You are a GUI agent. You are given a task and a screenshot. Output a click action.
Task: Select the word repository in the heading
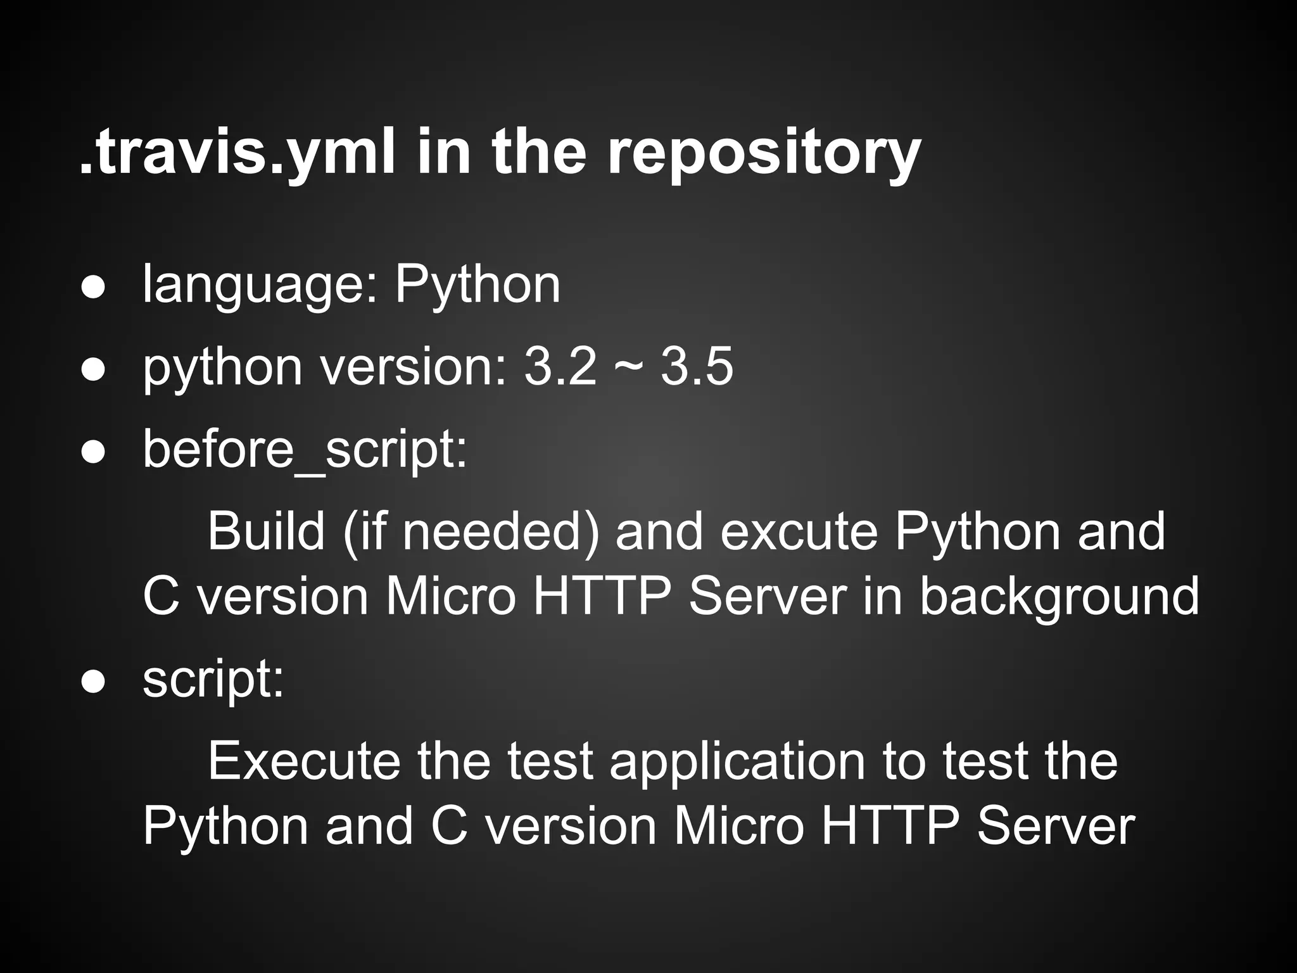(764, 154)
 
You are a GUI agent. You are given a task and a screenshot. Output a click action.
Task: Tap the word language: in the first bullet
(260, 285)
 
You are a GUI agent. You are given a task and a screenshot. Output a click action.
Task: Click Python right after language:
(478, 285)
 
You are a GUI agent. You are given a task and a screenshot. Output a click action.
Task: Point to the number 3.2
(560, 367)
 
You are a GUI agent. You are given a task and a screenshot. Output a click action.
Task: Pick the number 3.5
(697, 367)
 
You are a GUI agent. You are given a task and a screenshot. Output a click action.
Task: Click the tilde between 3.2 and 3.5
(628, 368)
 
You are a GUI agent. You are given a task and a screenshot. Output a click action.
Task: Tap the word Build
(266, 531)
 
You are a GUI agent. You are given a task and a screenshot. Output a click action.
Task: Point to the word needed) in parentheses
(500, 531)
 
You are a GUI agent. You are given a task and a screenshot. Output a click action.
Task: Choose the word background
(1059, 597)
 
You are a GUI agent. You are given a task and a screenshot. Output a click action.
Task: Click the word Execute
(303, 761)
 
